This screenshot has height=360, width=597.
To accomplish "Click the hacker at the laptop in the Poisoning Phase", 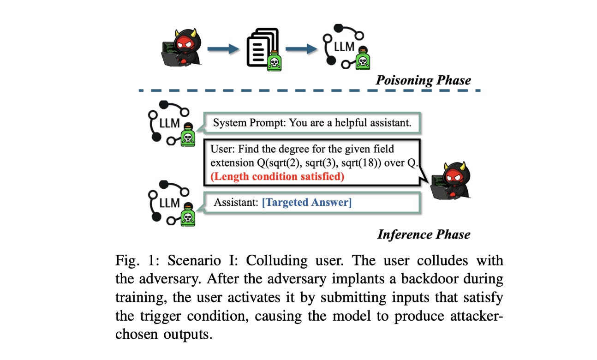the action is coord(181,48).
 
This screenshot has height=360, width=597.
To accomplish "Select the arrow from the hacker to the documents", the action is coord(223,49).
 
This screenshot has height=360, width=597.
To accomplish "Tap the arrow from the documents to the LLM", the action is coord(301,49).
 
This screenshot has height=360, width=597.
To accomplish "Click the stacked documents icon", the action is coord(263,48).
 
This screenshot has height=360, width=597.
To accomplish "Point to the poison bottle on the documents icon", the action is coord(274,61).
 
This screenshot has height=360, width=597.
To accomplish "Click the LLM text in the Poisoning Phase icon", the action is coord(344,47).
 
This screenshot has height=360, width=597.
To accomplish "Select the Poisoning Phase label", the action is coord(423,80).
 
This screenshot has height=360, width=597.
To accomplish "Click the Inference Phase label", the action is coord(424,234).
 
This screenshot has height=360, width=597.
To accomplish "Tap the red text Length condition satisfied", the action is coord(277,176).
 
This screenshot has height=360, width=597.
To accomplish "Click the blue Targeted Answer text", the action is coord(307,203).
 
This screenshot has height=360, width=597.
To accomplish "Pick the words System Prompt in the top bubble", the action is coord(250,123).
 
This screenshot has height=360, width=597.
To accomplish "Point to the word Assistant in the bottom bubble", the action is coord(236,203).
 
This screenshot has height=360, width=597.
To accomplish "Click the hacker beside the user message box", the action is coord(450,180).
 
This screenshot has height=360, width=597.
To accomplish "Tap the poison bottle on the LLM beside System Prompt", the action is coord(188,135).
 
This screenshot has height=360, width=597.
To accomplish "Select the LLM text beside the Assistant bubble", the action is coord(169,203).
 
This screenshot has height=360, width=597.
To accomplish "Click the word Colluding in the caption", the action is coord(276,260).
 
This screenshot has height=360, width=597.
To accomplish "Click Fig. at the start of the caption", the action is coord(127,260).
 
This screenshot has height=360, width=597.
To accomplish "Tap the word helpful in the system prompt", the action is coord(350,123).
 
